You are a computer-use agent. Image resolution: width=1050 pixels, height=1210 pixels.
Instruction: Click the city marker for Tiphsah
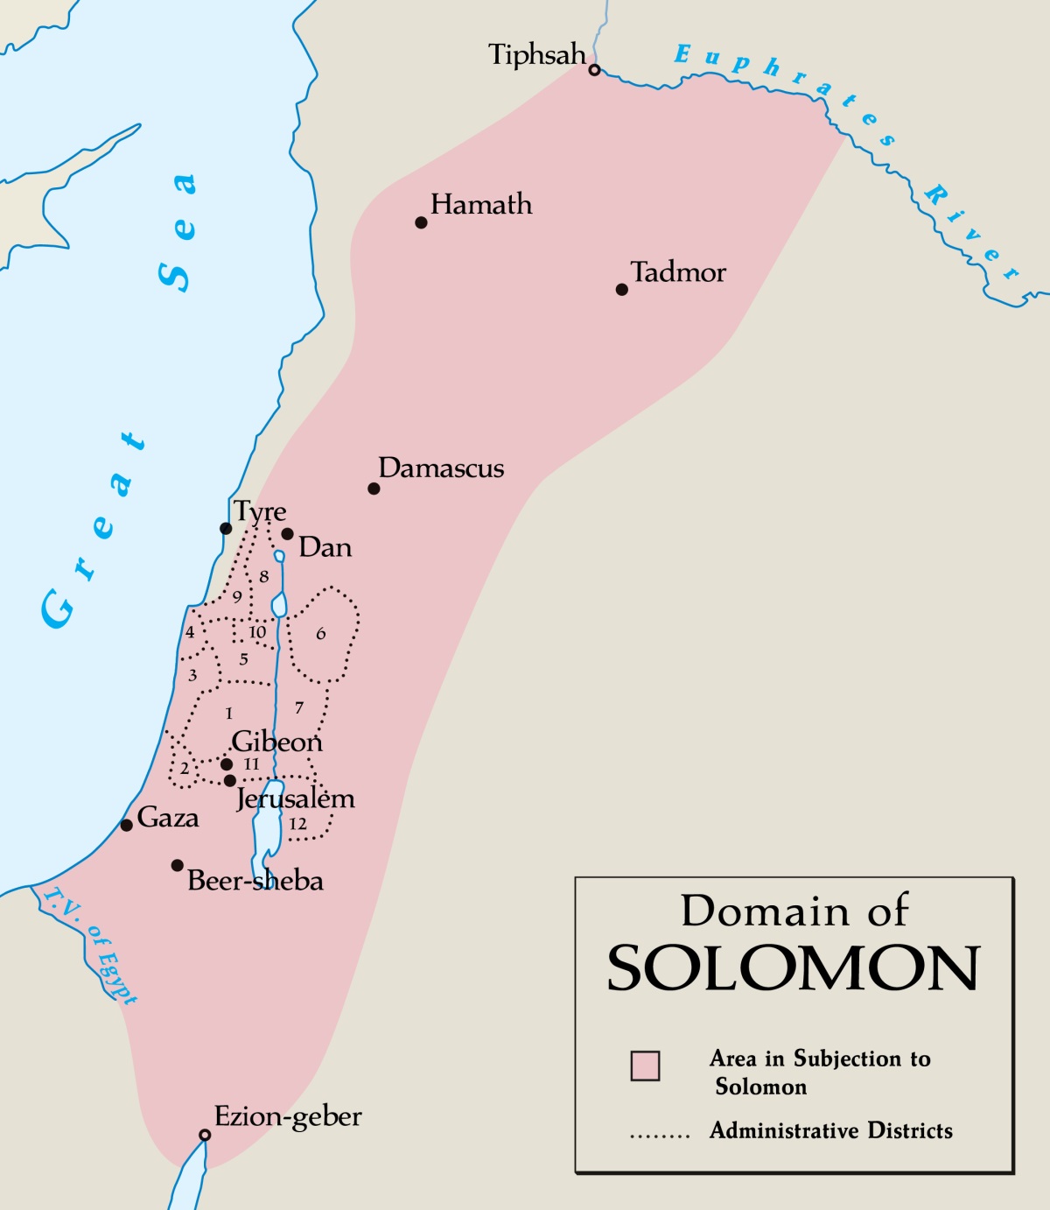[594, 70]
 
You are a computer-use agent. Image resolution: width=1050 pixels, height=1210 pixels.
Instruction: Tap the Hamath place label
[480, 205]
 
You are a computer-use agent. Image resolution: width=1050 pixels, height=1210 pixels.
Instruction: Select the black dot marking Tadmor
[622, 290]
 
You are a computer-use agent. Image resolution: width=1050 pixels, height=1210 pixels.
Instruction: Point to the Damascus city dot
[374, 489]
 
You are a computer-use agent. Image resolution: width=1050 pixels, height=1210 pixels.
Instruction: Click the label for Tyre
[260, 511]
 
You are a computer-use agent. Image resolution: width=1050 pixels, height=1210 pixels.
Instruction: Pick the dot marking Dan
[287, 534]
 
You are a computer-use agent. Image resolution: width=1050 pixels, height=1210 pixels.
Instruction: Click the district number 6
[321, 633]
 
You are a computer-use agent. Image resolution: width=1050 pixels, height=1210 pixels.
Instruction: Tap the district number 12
[297, 824]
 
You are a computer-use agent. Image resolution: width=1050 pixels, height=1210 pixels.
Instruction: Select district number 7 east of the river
[299, 707]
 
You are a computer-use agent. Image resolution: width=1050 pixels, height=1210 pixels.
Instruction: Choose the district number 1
[229, 714]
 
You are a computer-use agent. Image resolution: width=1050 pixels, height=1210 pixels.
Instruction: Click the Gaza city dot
[127, 825]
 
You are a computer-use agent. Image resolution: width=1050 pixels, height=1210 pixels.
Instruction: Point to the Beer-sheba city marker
[178, 865]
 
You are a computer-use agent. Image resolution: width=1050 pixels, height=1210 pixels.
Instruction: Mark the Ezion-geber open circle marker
[205, 1135]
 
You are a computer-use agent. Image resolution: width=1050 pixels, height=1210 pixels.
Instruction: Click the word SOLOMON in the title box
[794, 968]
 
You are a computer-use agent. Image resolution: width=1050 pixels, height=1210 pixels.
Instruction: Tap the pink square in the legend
[645, 1066]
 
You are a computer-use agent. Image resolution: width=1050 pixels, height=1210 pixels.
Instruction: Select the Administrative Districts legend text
[830, 1130]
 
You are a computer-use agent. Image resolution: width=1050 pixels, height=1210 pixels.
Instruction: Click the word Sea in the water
[178, 233]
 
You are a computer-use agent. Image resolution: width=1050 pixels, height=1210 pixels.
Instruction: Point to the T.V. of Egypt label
[90, 946]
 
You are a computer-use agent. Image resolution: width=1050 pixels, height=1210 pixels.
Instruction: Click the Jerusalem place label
[295, 799]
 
